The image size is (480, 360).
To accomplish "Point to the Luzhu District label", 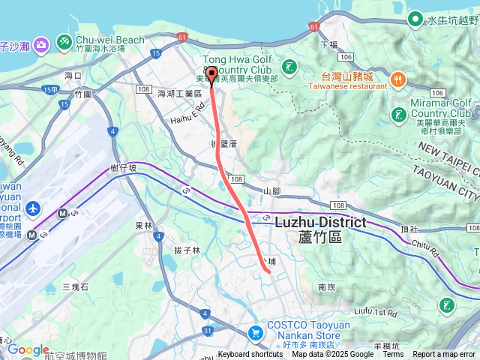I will tap(320, 222).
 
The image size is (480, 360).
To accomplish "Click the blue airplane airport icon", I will tap(33, 207).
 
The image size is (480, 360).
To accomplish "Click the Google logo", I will tap(28, 349).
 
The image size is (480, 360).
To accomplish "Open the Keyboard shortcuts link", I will tap(250, 355).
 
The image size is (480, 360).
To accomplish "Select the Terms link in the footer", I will tap(393, 355).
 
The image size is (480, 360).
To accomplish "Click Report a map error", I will tap(445, 355).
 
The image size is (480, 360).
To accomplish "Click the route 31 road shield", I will tap(207, 331).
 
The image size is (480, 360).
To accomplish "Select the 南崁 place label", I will tap(326, 286).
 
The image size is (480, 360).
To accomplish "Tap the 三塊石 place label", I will tap(75, 287).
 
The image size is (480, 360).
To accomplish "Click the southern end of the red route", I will tap(268, 272).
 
